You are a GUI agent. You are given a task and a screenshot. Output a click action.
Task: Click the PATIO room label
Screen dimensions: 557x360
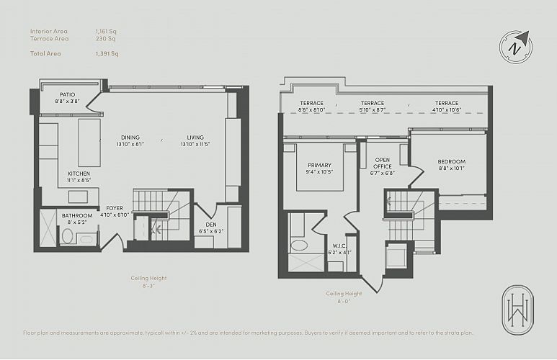pos(68,94)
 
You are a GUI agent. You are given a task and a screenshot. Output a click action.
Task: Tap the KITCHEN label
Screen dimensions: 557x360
pos(79,174)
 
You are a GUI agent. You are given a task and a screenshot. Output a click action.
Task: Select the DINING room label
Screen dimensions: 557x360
pos(130,138)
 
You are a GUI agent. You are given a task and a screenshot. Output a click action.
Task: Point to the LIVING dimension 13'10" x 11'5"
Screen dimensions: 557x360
pos(195,144)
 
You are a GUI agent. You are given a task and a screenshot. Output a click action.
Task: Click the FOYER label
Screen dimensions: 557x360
pos(115,208)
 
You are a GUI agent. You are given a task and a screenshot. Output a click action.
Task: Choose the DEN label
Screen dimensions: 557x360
pos(211,225)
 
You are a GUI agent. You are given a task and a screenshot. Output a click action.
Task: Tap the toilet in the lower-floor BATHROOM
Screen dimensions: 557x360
pos(68,235)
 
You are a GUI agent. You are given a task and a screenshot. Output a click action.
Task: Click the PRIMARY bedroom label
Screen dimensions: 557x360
pos(320,165)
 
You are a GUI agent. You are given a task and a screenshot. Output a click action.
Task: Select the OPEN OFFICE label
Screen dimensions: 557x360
pos(383,163)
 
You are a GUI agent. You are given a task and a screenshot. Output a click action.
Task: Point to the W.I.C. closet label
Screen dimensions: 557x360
pos(340,246)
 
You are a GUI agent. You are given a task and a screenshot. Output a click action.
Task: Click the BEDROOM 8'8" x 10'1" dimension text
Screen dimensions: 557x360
pos(451,168)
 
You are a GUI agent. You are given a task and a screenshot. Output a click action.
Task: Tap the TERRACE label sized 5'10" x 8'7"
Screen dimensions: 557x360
pos(373,103)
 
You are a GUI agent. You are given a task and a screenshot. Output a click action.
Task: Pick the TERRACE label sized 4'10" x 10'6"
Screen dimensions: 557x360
pos(447,103)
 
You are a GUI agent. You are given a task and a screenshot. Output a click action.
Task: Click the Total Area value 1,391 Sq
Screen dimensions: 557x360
pos(107,53)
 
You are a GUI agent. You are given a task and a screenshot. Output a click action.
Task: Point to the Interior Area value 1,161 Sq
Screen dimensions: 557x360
pos(106,31)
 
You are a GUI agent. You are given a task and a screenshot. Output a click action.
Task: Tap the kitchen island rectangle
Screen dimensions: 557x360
pos(89,143)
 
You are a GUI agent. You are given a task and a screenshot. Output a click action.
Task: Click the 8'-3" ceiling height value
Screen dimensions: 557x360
pos(148,285)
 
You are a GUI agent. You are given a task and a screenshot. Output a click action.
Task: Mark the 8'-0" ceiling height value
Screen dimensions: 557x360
pos(344,301)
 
